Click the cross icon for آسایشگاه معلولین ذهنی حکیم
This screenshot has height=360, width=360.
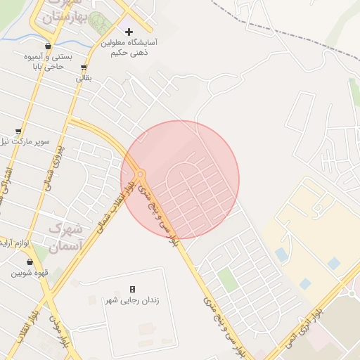(x=129, y=32)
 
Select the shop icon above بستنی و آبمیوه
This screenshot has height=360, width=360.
(x=48, y=46)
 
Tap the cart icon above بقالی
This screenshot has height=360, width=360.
(x=84, y=68)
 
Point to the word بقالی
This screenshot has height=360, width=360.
(x=84, y=79)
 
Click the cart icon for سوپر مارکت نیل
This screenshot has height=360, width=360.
(x=18, y=131)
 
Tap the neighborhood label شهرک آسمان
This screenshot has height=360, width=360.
(x=66, y=238)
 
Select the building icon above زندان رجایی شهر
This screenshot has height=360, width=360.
(x=132, y=289)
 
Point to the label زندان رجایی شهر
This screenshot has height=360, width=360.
(x=132, y=300)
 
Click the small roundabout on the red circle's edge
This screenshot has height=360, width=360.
(x=141, y=173)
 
